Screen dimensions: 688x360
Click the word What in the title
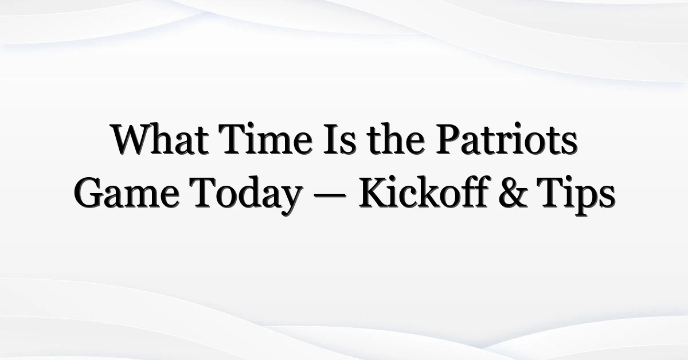tap(160, 139)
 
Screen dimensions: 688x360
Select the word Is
tap(339, 139)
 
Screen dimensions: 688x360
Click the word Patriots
tap(507, 139)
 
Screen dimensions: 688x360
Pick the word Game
tap(127, 193)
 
